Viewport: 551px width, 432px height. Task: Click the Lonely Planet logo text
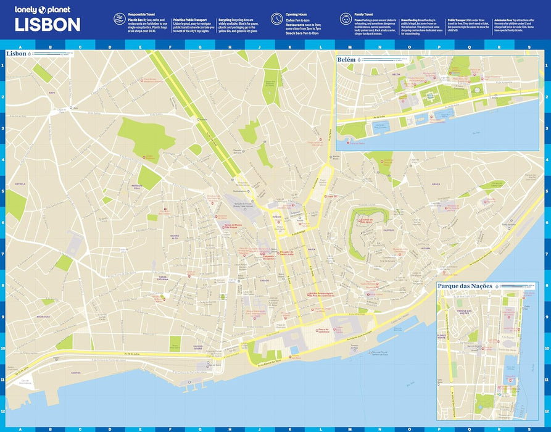pyautogui.click(x=43, y=10)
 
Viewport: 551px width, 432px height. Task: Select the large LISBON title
pyautogui.click(x=48, y=25)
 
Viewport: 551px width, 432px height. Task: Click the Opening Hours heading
pyautogui.click(x=299, y=14)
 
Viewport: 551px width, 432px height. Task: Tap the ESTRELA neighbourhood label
pyautogui.click(x=20, y=183)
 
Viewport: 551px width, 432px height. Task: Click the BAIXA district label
pyautogui.click(x=312, y=249)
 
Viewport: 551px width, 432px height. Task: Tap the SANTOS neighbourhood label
pyautogui.click(x=75, y=373)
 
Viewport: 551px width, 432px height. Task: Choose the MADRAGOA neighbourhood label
pyautogui.click(x=43, y=316)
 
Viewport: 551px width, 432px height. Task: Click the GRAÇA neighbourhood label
pyautogui.click(x=435, y=184)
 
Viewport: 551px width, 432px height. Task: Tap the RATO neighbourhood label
pyautogui.click(x=52, y=93)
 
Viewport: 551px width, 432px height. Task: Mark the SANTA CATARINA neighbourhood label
pyautogui.click(x=163, y=278)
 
